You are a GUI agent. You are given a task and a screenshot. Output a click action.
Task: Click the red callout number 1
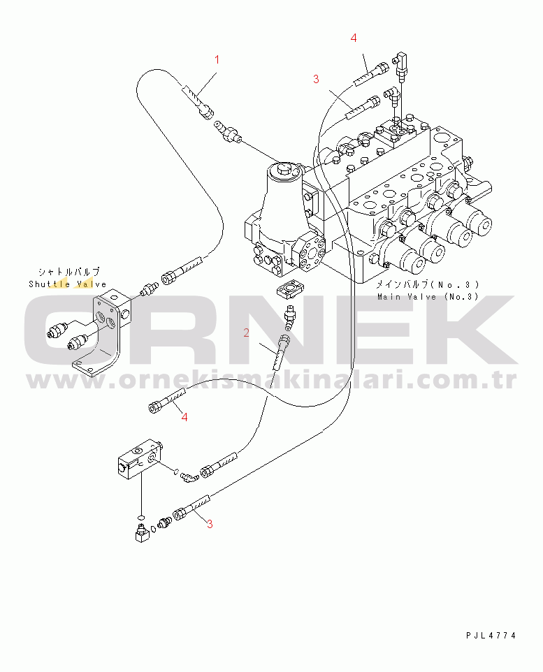217,59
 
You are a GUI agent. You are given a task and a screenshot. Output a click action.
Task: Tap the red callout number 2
246,333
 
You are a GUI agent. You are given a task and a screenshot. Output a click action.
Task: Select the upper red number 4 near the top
354,38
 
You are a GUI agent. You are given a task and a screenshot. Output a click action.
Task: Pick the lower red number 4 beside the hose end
184,417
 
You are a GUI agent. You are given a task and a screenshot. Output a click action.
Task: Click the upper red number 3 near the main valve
316,79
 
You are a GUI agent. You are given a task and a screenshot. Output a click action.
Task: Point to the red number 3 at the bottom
210,524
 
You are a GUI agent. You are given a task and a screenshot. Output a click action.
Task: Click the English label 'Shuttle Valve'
68,284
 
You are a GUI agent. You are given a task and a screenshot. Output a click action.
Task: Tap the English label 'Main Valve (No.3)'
428,297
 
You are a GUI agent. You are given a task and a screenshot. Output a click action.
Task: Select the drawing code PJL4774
491,636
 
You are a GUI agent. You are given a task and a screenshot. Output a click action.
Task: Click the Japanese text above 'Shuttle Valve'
69,272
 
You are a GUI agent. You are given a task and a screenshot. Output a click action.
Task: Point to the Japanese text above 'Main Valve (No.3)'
427,284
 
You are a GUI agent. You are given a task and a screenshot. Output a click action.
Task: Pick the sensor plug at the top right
401,65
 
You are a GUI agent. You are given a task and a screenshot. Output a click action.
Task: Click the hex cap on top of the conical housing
284,168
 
